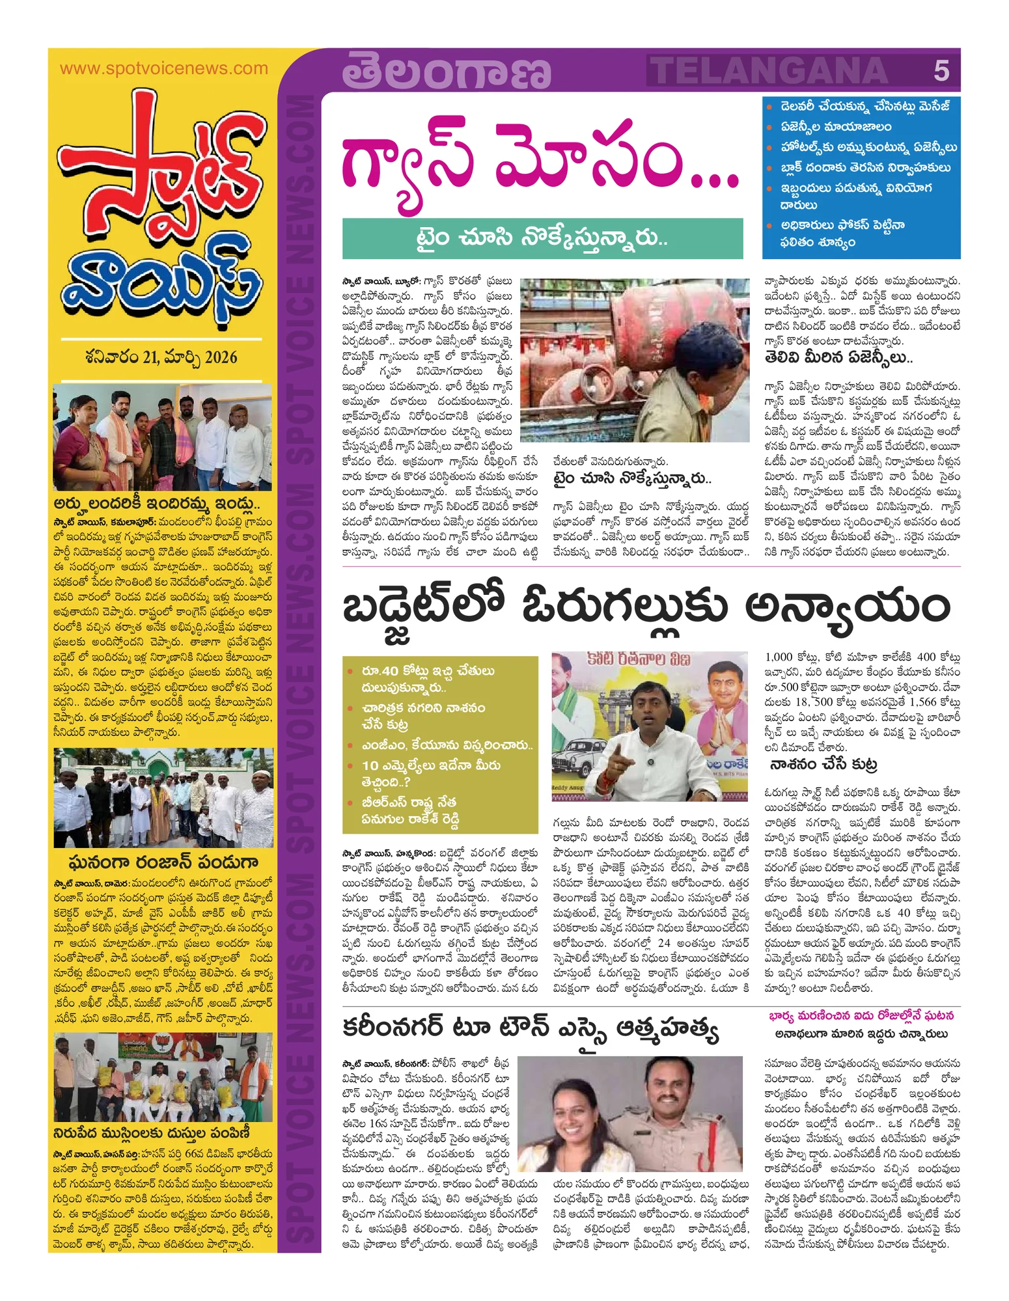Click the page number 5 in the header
(x=941, y=70)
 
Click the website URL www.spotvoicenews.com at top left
(x=163, y=68)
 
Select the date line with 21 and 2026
(x=161, y=357)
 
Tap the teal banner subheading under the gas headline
(x=542, y=238)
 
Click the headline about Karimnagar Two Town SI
(x=531, y=1029)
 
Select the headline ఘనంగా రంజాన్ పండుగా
(x=163, y=862)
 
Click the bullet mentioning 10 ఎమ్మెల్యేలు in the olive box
(x=431, y=773)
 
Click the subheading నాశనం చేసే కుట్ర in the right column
(x=824, y=764)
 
